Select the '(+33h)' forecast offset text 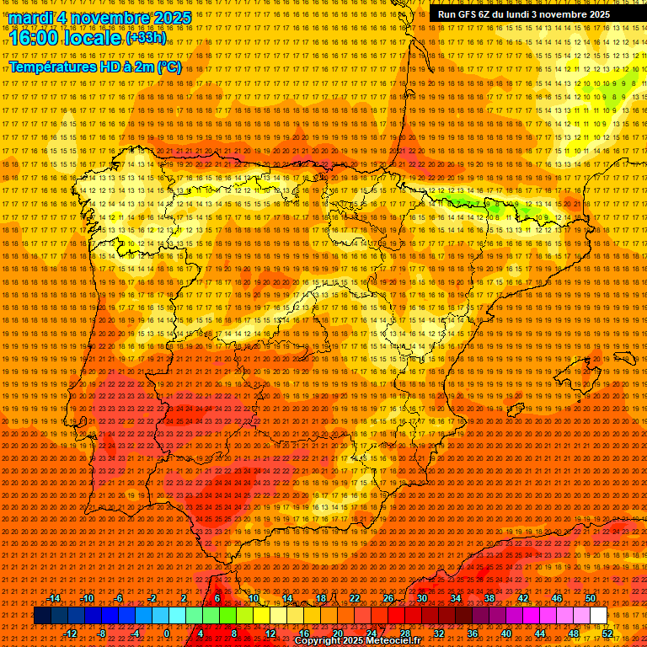pos(146,38)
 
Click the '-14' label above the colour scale pos(54,598)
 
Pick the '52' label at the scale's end pos(607,634)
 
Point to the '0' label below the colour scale pos(167,634)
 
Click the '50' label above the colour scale pos(591,598)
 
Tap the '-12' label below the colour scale pos(71,634)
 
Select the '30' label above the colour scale pos(422,598)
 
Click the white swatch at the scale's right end pos(599,616)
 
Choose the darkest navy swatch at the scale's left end pos(43,616)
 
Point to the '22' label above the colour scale pos(355,598)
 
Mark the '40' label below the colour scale pos(506,634)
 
